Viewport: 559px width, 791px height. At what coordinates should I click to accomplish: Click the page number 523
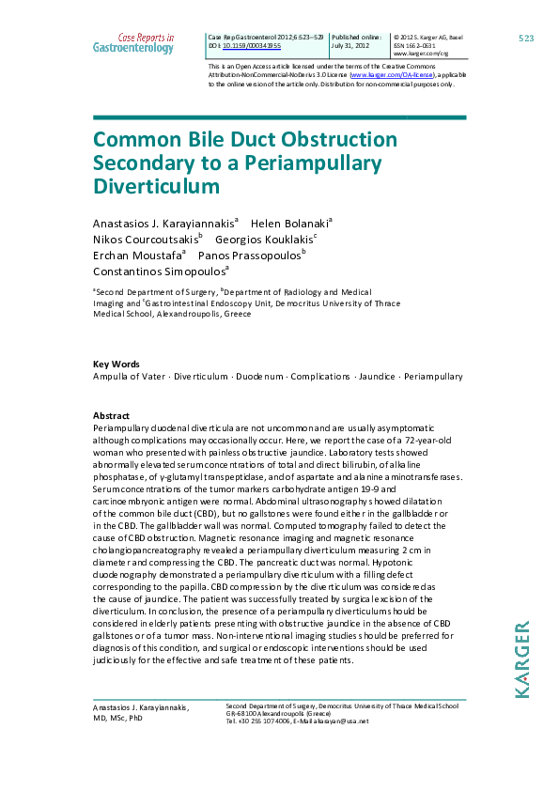(526, 38)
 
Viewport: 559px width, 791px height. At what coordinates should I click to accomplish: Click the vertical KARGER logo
(523, 658)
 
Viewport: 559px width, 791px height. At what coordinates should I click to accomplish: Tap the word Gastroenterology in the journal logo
(133, 47)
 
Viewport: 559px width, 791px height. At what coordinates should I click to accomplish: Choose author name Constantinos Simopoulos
(159, 271)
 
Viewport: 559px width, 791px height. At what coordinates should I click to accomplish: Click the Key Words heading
(116, 364)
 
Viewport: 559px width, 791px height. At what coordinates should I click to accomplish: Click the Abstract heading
(111, 415)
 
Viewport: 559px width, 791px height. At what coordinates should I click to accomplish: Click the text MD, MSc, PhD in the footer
(117, 718)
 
